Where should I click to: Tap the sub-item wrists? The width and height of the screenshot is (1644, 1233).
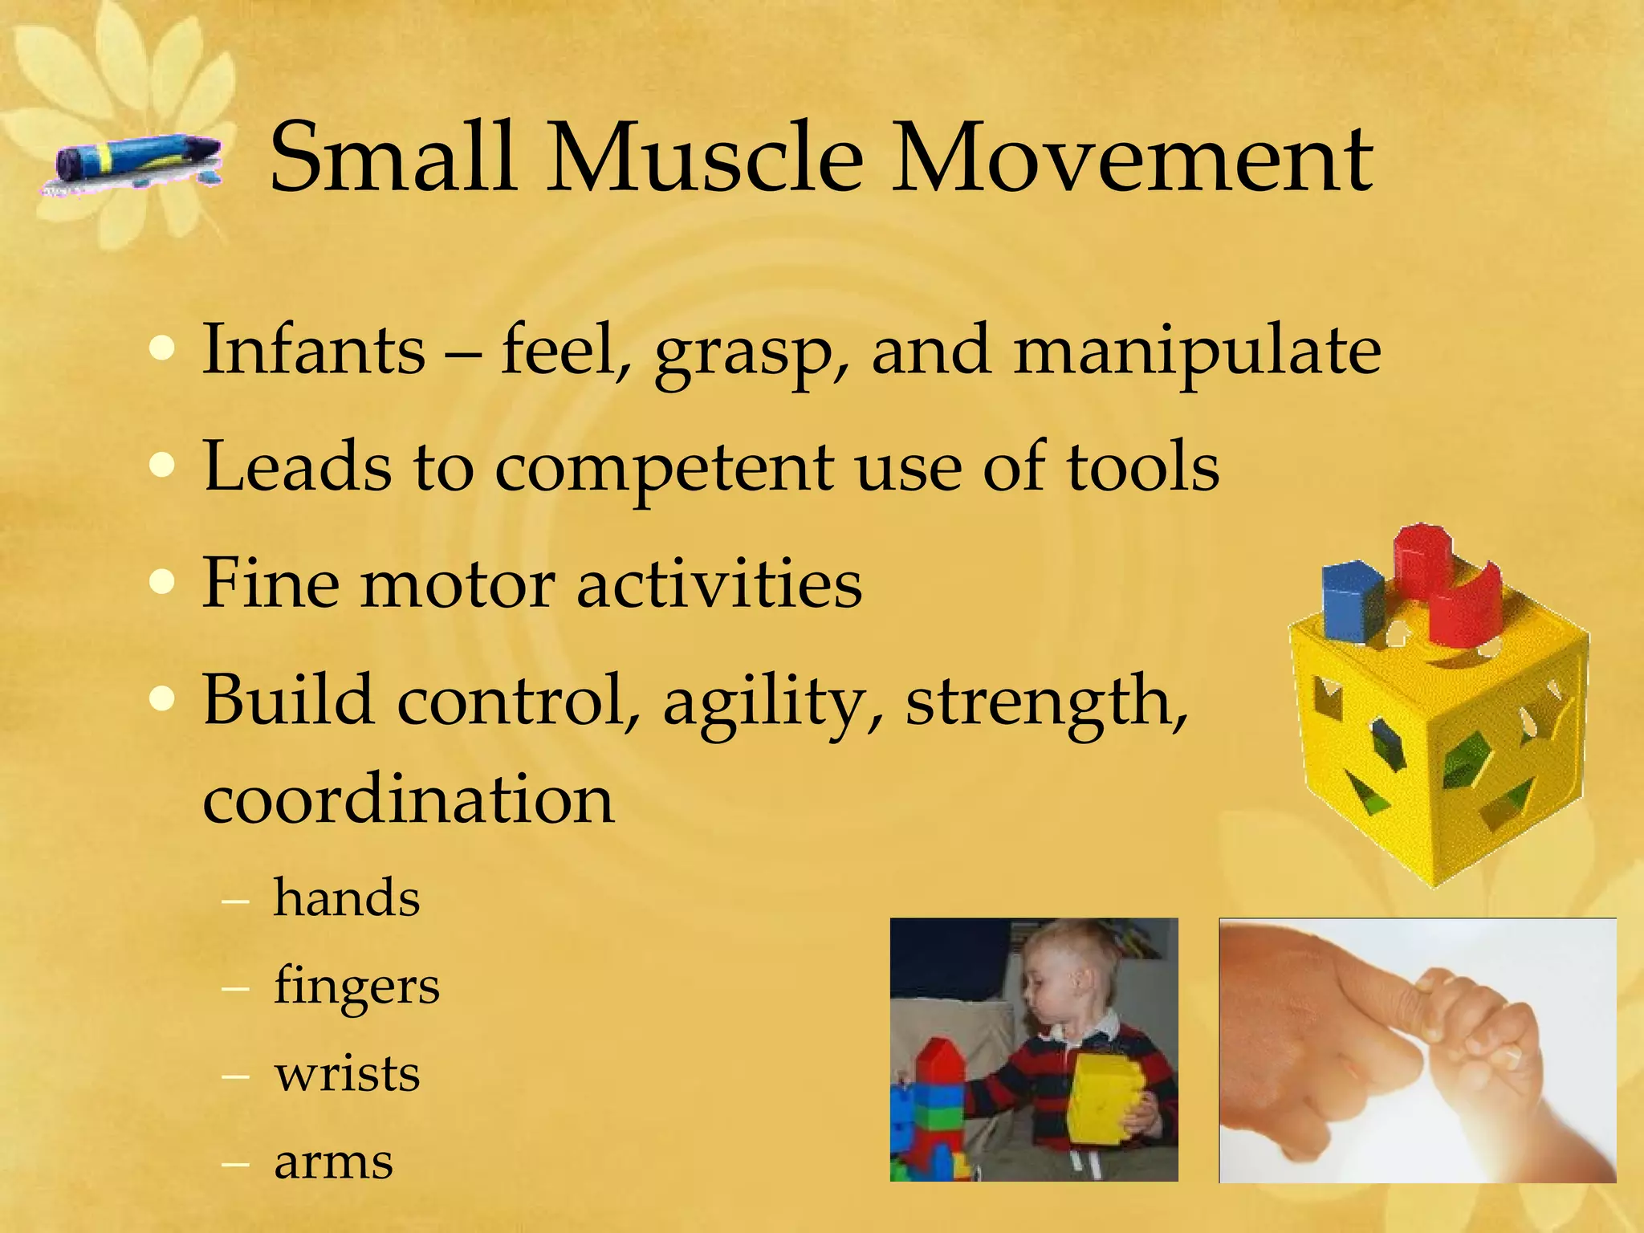(347, 1074)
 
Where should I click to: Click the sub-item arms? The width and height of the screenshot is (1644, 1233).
(334, 1162)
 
